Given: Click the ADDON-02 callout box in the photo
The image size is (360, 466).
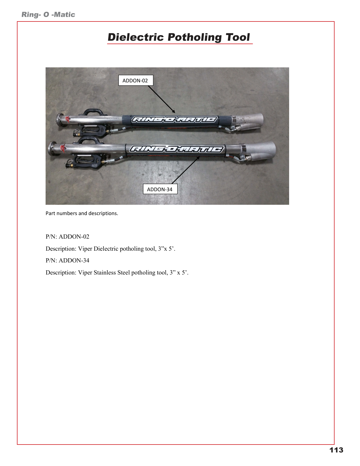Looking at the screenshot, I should tap(136, 80).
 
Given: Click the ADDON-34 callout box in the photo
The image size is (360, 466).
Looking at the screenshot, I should tap(160, 189).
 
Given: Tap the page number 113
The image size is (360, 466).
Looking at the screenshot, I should tap(336, 450).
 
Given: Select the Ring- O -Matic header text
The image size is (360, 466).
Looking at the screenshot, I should tap(48, 14).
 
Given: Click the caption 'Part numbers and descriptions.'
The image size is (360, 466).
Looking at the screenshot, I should tap(82, 213).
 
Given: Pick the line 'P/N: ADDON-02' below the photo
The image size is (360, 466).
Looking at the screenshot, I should tap(67, 237).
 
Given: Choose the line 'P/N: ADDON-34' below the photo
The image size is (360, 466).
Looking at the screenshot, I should tap(67, 260).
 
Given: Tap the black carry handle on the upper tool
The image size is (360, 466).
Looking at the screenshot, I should tap(94, 112).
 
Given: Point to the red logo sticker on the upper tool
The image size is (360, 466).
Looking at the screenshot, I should tap(68, 119).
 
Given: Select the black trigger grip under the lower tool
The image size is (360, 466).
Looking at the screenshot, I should tap(87, 162).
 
